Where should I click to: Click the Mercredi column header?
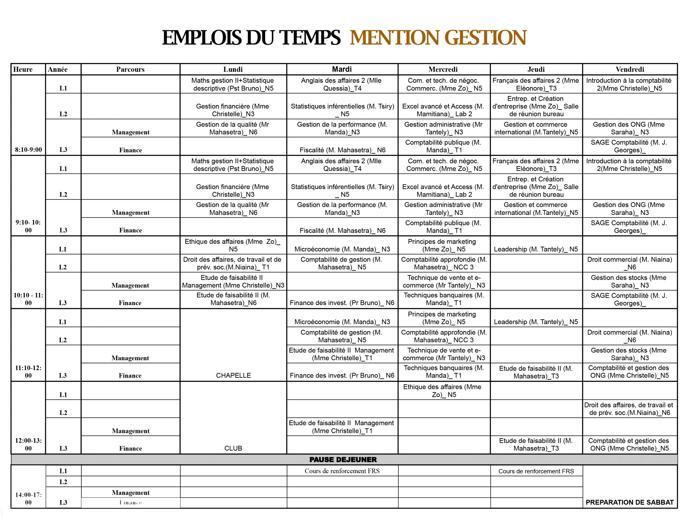point(443,69)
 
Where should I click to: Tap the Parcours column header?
point(130,69)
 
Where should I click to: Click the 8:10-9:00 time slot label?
point(28,150)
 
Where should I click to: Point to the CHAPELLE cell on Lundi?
point(233,375)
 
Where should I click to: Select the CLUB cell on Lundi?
point(233,448)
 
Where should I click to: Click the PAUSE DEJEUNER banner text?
point(343,459)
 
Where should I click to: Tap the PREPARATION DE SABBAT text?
point(629,502)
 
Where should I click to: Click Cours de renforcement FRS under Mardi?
point(342,471)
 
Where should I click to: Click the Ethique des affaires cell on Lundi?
point(233,245)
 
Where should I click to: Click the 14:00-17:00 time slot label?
point(28,498)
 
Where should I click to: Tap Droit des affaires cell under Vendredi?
point(629,409)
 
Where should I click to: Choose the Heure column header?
point(23,69)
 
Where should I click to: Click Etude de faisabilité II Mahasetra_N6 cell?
point(233,299)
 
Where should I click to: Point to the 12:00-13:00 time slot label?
point(28,444)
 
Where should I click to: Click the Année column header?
point(58,69)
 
